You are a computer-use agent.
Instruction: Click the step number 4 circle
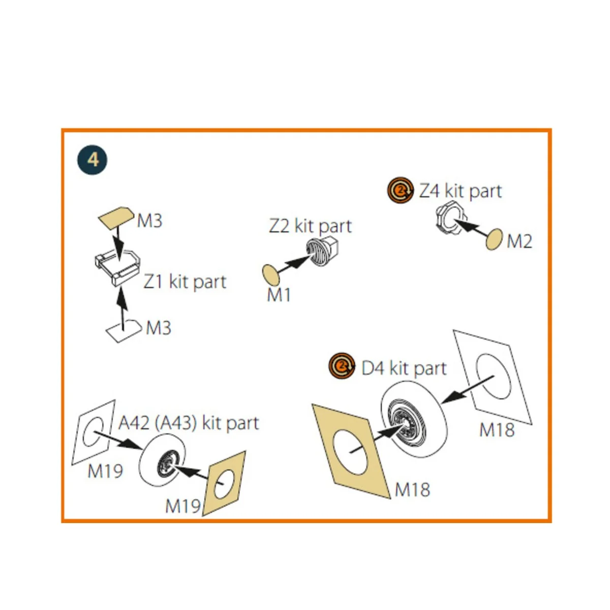coord(92,160)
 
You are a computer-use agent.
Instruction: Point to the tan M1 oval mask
coord(270,275)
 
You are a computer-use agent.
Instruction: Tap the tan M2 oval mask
coord(494,239)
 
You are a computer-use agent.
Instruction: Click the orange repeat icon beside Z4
coord(401,190)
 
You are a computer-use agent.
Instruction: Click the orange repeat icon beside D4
coord(342,365)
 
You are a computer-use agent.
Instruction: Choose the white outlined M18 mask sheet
coord(493,377)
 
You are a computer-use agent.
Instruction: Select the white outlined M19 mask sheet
coord(94,432)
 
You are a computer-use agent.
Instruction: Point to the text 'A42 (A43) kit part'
coord(189,423)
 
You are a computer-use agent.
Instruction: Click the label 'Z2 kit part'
coord(310,226)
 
